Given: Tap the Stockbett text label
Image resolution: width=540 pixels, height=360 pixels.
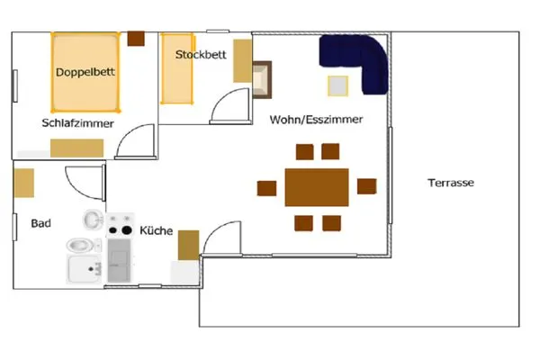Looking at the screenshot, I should (x=200, y=55).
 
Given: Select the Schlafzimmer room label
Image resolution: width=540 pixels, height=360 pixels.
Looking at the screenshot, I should (x=77, y=123).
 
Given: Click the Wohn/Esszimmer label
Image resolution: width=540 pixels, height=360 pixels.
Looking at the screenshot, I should (x=316, y=119).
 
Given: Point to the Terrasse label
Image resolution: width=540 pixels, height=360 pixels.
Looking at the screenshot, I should (x=450, y=183).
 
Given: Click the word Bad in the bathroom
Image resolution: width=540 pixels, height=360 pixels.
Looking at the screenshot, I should (x=40, y=223).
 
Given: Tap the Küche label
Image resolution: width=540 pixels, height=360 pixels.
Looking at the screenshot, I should (x=156, y=231).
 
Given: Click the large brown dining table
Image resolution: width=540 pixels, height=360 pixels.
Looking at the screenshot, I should (x=317, y=187).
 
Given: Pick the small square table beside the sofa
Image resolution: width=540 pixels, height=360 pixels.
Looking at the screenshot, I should (x=337, y=85).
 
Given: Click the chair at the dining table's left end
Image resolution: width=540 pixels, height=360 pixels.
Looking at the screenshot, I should (x=266, y=187).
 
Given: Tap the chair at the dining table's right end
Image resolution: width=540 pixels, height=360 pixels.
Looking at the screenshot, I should (x=366, y=186).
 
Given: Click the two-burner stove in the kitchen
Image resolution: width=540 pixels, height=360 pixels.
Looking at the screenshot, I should (x=119, y=230).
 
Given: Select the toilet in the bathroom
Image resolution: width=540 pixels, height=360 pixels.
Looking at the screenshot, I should (x=79, y=244).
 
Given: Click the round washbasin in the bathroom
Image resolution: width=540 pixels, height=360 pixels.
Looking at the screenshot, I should (x=93, y=218).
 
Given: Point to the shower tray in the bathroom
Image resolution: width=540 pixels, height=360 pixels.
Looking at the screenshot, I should (x=85, y=269).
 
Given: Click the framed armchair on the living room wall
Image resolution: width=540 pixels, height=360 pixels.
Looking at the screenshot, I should (x=261, y=78).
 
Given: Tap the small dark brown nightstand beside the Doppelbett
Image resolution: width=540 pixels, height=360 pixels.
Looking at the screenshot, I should (x=137, y=39).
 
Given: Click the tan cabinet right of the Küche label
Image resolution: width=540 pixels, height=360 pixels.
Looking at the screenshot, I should (x=188, y=244).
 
